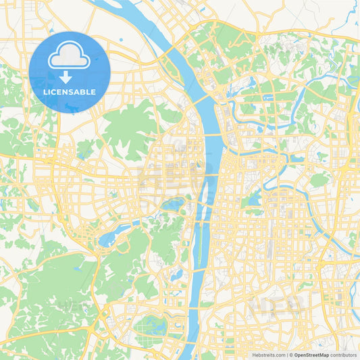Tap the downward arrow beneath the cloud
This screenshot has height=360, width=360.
70,76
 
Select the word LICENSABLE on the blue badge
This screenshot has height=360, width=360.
70,92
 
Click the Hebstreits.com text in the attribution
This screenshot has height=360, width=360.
267,355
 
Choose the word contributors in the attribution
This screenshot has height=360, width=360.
343,355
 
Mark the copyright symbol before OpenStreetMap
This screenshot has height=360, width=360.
290,355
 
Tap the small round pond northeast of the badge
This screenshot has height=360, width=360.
120,40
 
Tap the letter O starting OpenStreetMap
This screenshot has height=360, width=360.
297,355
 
